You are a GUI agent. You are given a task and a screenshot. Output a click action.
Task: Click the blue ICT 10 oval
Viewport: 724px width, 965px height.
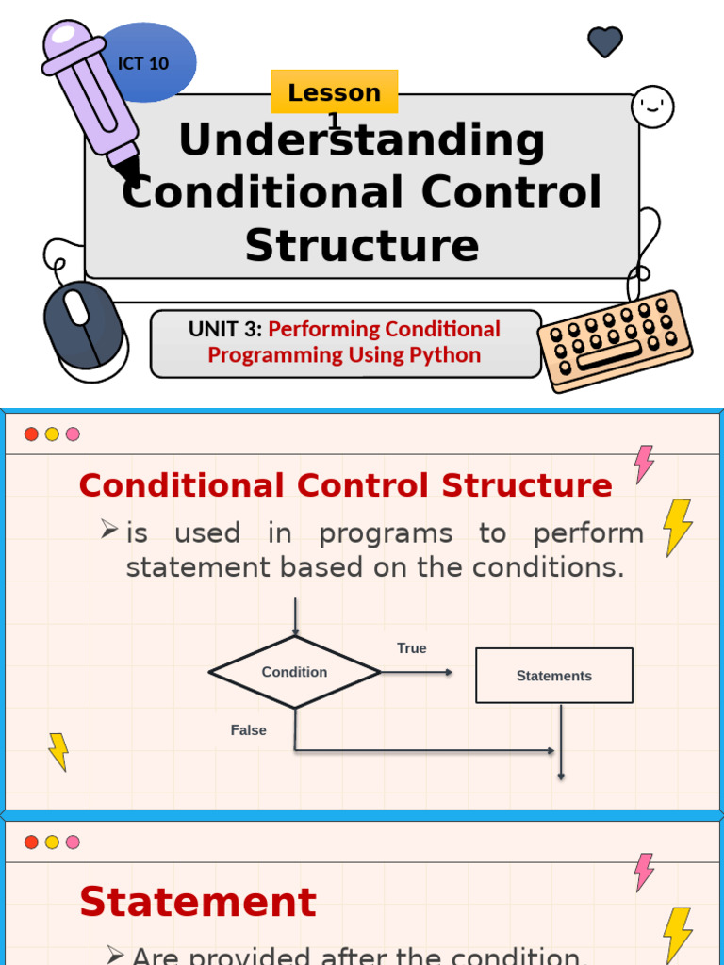pos(151,62)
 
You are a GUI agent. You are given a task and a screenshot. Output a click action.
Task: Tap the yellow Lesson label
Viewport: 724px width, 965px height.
pos(334,92)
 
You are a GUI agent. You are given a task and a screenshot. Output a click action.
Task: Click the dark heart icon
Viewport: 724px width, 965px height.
pos(604,41)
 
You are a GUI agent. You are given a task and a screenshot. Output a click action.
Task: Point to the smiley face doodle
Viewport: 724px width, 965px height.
pos(652,106)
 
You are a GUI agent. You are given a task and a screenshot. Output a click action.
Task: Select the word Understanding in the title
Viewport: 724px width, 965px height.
pos(361,141)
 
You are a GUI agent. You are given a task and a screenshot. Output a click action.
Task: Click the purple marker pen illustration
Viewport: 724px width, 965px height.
pos(90,94)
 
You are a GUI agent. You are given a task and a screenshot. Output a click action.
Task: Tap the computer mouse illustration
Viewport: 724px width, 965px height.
pos(83,325)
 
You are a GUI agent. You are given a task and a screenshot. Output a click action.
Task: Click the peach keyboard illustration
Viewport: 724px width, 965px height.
pos(615,339)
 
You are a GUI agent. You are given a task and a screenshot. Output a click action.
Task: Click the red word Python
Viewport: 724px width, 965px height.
pos(445,355)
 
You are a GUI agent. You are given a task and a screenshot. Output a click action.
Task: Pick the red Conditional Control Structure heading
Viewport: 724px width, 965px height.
pos(345,485)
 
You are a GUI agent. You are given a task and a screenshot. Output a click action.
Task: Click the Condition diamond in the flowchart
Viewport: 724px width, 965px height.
pos(294,672)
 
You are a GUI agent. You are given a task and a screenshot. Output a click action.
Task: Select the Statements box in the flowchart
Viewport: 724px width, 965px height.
pos(553,676)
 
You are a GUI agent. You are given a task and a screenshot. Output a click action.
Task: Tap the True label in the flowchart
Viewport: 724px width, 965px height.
pos(411,648)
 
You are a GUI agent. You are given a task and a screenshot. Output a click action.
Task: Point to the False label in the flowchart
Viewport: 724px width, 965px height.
pos(248,730)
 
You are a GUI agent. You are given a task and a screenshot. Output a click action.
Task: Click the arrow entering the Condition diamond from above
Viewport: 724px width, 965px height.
pos(296,617)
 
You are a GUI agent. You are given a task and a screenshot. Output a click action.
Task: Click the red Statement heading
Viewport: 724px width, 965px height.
pos(197,902)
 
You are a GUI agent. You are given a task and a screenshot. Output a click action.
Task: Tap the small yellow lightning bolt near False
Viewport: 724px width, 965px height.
pos(58,752)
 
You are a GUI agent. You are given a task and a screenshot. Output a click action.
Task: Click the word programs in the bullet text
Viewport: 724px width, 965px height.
pos(385,533)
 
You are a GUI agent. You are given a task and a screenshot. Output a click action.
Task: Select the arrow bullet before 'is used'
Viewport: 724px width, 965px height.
pos(108,530)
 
